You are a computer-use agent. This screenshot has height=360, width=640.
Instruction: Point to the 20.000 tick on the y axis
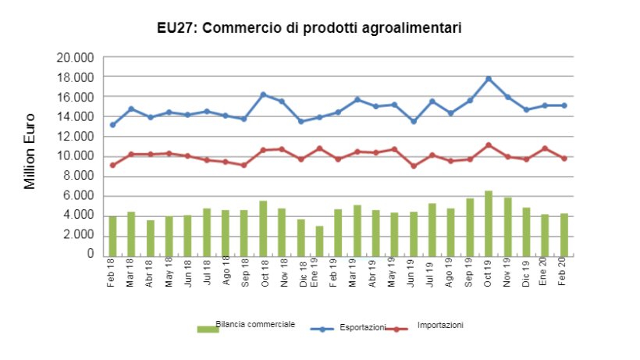pyautogui.click(x=76, y=58)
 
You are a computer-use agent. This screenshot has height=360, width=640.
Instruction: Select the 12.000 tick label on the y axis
pyautogui.click(x=76, y=137)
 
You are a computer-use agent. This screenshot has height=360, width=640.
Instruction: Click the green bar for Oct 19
pyautogui.click(x=489, y=223)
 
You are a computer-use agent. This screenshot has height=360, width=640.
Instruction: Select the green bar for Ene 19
pyautogui.click(x=319, y=241)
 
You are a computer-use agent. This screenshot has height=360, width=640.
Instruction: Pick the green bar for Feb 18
pyautogui.click(x=112, y=235)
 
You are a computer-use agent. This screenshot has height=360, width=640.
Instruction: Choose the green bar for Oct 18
pyautogui.click(x=263, y=227)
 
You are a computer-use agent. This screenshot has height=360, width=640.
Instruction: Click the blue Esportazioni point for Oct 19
pyautogui.click(x=489, y=79)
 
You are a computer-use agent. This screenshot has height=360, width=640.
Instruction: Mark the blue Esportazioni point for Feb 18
pyautogui.click(x=112, y=125)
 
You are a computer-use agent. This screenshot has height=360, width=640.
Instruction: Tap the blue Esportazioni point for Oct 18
pyautogui.click(x=263, y=94)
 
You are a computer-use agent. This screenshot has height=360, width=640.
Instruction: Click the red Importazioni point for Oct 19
pyautogui.click(x=489, y=145)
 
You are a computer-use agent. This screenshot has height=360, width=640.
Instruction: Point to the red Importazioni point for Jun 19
pyautogui.click(x=414, y=166)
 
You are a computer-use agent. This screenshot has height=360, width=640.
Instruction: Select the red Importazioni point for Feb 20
pyautogui.click(x=564, y=159)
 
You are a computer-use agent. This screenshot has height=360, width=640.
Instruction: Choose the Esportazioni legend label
pyautogui.click(x=361, y=328)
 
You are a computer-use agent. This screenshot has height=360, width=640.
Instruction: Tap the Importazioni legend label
pyautogui.click(x=440, y=325)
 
